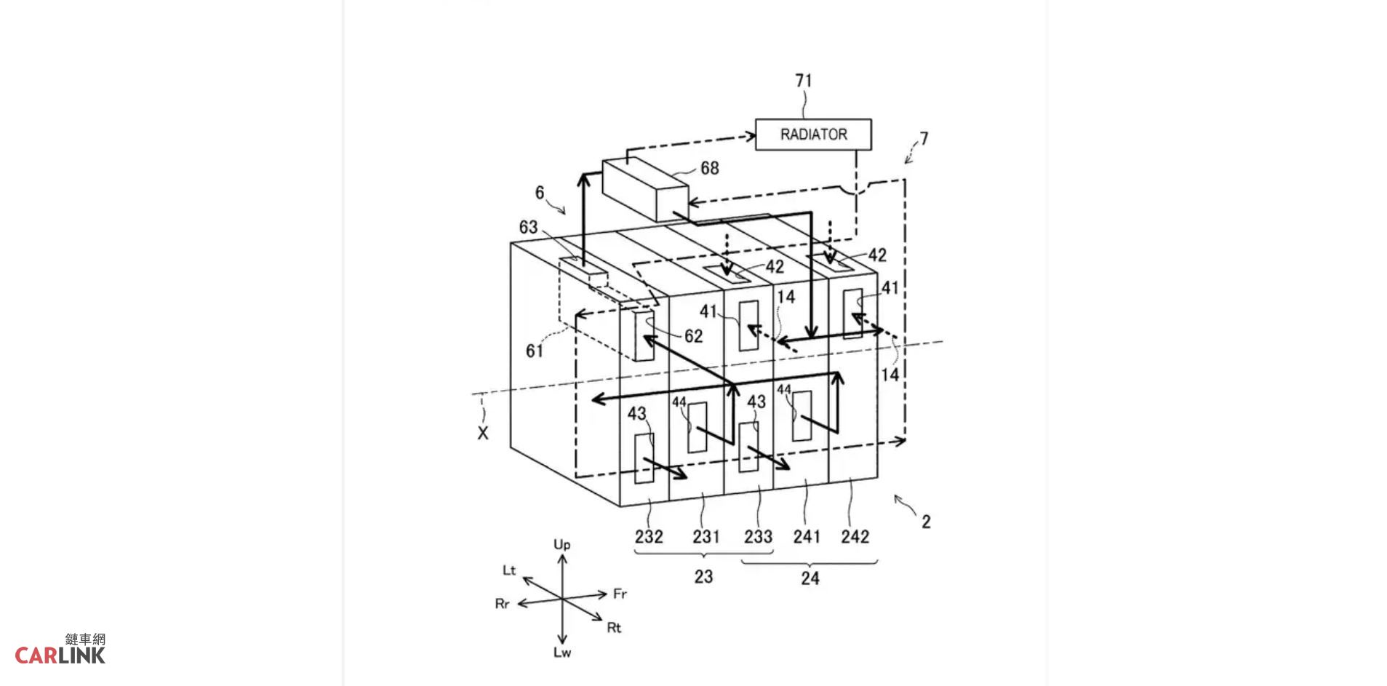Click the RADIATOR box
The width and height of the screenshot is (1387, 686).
click(x=813, y=135)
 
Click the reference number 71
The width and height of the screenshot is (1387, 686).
click(x=804, y=81)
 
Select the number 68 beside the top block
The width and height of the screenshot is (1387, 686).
click(x=709, y=168)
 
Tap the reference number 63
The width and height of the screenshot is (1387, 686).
click(x=528, y=227)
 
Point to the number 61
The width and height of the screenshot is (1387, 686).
click(x=535, y=351)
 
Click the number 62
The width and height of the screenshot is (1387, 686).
click(x=693, y=335)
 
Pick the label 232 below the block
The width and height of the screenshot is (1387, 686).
click(x=649, y=537)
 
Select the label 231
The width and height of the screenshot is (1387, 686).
click(x=706, y=537)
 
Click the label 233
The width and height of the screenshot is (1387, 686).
click(x=758, y=537)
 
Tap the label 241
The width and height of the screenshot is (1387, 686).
click(x=807, y=537)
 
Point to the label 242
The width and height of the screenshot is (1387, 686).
click(x=855, y=537)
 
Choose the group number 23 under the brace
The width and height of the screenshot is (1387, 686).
click(x=703, y=577)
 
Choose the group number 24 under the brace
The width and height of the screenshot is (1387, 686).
click(x=810, y=578)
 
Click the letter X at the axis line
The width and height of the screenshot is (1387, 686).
click(x=483, y=433)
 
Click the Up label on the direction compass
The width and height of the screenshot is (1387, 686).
click(x=562, y=545)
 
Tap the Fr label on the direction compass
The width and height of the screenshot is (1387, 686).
click(x=620, y=594)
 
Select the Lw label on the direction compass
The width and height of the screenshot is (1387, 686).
click(x=562, y=653)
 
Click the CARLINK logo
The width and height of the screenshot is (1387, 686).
click(x=60, y=649)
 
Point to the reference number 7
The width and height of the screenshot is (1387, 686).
click(x=924, y=138)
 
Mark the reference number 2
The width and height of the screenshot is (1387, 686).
click(x=926, y=522)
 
